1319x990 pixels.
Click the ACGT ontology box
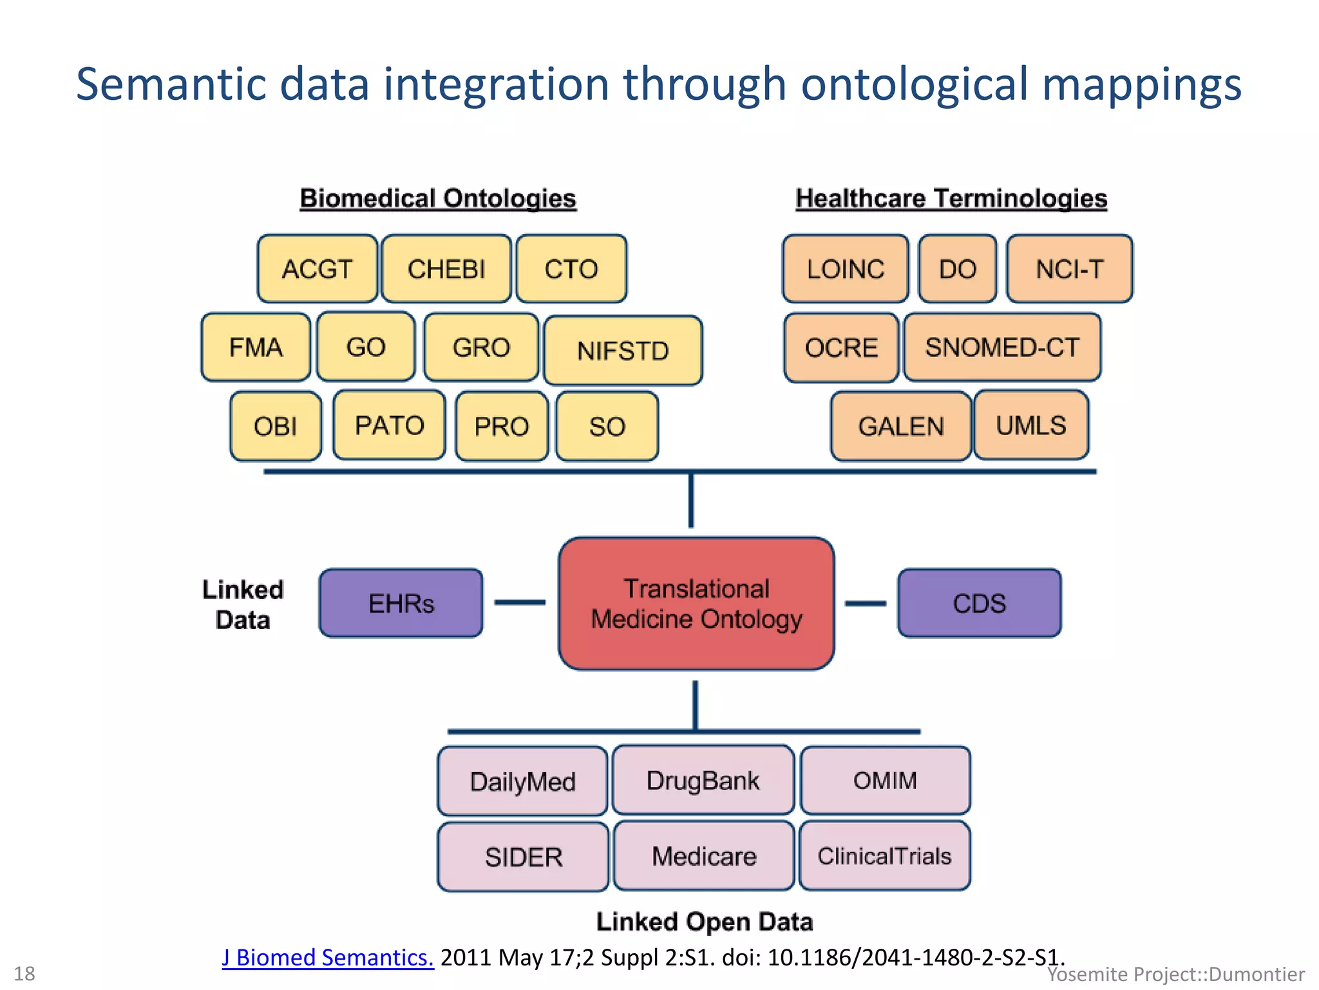(318, 269)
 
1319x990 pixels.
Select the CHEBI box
(446, 269)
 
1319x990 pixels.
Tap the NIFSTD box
(623, 350)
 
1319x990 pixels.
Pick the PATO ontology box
(389, 425)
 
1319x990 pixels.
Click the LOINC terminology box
(846, 269)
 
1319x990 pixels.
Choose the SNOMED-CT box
(1002, 347)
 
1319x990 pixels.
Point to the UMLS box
(1031, 425)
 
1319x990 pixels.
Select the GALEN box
(900, 426)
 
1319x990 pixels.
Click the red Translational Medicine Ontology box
(696, 604)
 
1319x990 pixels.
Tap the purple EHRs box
(401, 603)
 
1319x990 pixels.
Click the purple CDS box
(979, 603)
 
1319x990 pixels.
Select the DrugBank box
(703, 781)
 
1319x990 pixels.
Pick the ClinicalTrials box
(884, 856)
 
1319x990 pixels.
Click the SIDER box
(523, 857)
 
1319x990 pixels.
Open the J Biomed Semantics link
(328, 957)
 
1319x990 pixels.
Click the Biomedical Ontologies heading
(438, 198)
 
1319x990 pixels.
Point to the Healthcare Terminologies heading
(951, 198)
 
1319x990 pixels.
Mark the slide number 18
(24, 973)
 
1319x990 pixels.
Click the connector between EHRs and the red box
(520, 603)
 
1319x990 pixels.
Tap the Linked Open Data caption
(704, 922)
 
